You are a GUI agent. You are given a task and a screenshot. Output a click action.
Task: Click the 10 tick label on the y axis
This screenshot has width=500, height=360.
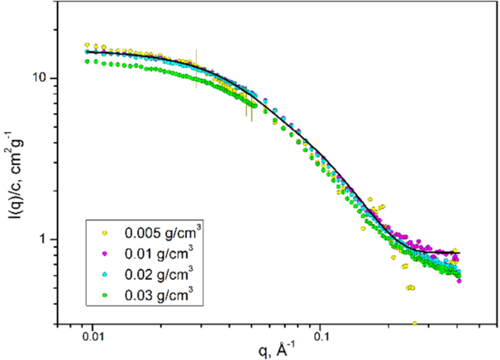click(47, 78)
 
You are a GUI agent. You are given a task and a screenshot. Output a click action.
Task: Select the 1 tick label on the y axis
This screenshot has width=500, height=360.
click(51, 239)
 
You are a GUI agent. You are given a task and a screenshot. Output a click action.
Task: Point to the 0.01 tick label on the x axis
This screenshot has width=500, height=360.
click(93, 337)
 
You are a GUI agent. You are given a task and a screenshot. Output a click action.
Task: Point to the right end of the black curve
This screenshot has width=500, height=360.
click(459, 253)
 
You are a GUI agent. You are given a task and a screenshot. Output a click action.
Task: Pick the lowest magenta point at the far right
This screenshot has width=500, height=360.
click(459, 281)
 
